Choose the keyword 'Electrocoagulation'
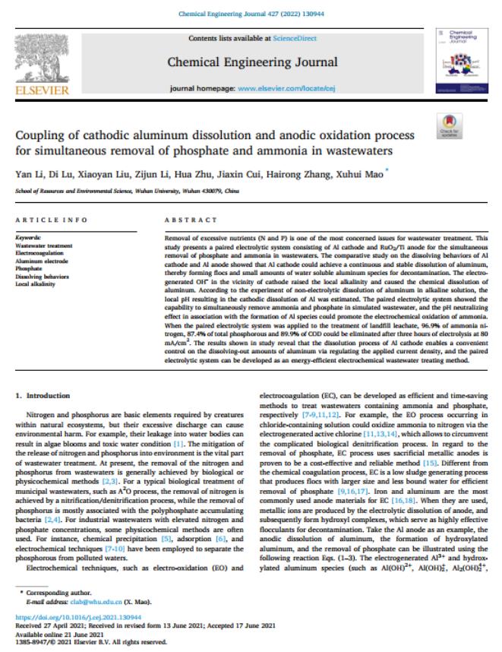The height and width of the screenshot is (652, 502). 40,252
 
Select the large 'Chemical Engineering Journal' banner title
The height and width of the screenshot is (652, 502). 250,62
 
